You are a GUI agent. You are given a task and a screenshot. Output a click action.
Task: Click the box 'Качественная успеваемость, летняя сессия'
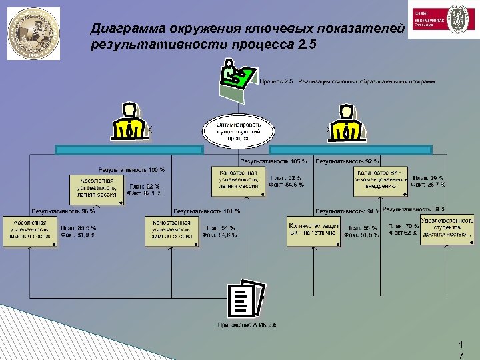(x=239, y=180)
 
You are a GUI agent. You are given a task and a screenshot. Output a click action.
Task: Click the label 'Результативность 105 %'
(x=273, y=161)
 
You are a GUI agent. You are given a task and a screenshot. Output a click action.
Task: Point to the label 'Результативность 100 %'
(x=131, y=169)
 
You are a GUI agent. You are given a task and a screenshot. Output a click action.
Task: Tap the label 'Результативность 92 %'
(x=347, y=161)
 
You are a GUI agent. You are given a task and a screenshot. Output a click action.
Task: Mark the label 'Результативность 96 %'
(x=63, y=211)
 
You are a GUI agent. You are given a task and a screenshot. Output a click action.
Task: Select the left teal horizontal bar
(x=129, y=150)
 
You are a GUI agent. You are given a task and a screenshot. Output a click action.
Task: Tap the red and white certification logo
(x=441, y=19)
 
